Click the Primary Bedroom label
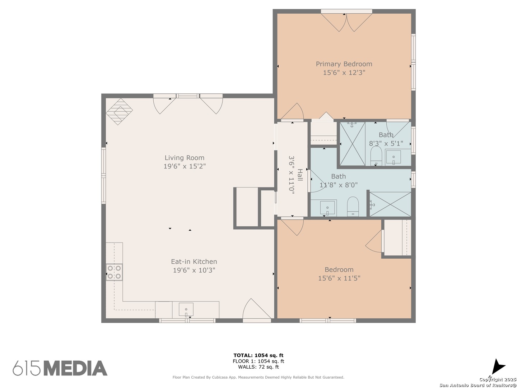pos(344,64)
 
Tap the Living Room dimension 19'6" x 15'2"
pos(185,166)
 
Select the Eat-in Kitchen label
pos(194,262)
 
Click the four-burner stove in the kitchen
pos(114,272)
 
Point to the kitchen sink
pos(186,310)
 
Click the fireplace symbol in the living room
pos(119,111)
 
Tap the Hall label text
pos(300,175)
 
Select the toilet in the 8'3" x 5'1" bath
pos(376,156)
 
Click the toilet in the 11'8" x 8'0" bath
pos(353,206)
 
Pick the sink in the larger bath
pos(327,208)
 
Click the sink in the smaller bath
pos(393,157)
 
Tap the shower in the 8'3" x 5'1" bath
pos(352,143)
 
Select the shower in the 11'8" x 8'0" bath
pos(390,204)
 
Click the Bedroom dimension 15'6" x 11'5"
pos(339,278)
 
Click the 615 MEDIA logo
pos(60,368)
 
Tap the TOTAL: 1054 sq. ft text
pos(258,355)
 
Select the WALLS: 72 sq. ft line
pos(258,367)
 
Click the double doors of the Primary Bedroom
pos(346,22)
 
